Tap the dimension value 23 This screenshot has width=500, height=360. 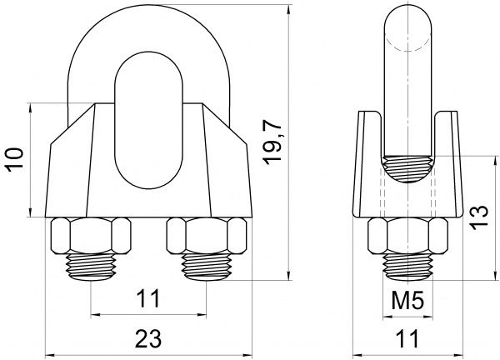pos(148,338)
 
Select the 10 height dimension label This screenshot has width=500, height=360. pos(16,160)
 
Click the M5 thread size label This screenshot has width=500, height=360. pos(407,301)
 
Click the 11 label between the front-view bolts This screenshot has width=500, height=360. pos(147,299)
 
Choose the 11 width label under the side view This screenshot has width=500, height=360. pos(407,338)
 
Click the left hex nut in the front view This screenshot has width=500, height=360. pos(91,236)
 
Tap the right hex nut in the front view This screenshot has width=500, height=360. pos(207,236)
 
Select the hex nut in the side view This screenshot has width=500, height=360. pos(407,236)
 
